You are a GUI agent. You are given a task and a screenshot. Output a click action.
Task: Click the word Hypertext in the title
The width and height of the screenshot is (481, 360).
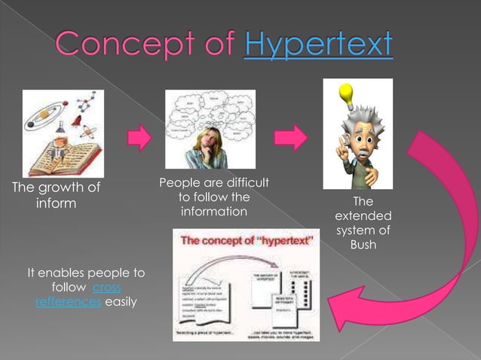pyautogui.click(x=318, y=44)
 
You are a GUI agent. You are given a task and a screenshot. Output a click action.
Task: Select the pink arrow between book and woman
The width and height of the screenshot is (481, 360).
pyautogui.click(x=139, y=139)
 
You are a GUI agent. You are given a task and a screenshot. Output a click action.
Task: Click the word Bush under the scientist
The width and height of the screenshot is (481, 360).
pyautogui.click(x=363, y=245)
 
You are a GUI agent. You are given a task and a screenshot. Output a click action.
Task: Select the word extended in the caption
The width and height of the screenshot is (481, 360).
pyautogui.click(x=363, y=216)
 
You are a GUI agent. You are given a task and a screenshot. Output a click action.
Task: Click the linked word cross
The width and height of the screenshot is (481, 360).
pyautogui.click(x=107, y=288)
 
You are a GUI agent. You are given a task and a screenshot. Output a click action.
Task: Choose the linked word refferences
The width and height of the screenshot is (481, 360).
pyautogui.click(x=68, y=302)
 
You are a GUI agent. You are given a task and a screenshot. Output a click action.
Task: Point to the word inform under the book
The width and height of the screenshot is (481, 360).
pyautogui.click(x=57, y=203)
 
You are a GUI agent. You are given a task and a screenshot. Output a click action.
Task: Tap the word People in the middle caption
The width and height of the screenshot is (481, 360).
pyautogui.click(x=179, y=183)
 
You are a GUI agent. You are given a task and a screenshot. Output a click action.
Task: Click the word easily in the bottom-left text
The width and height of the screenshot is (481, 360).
pyautogui.click(x=121, y=302)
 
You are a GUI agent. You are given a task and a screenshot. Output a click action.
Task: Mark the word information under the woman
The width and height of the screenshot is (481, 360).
pyautogui.click(x=214, y=212)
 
